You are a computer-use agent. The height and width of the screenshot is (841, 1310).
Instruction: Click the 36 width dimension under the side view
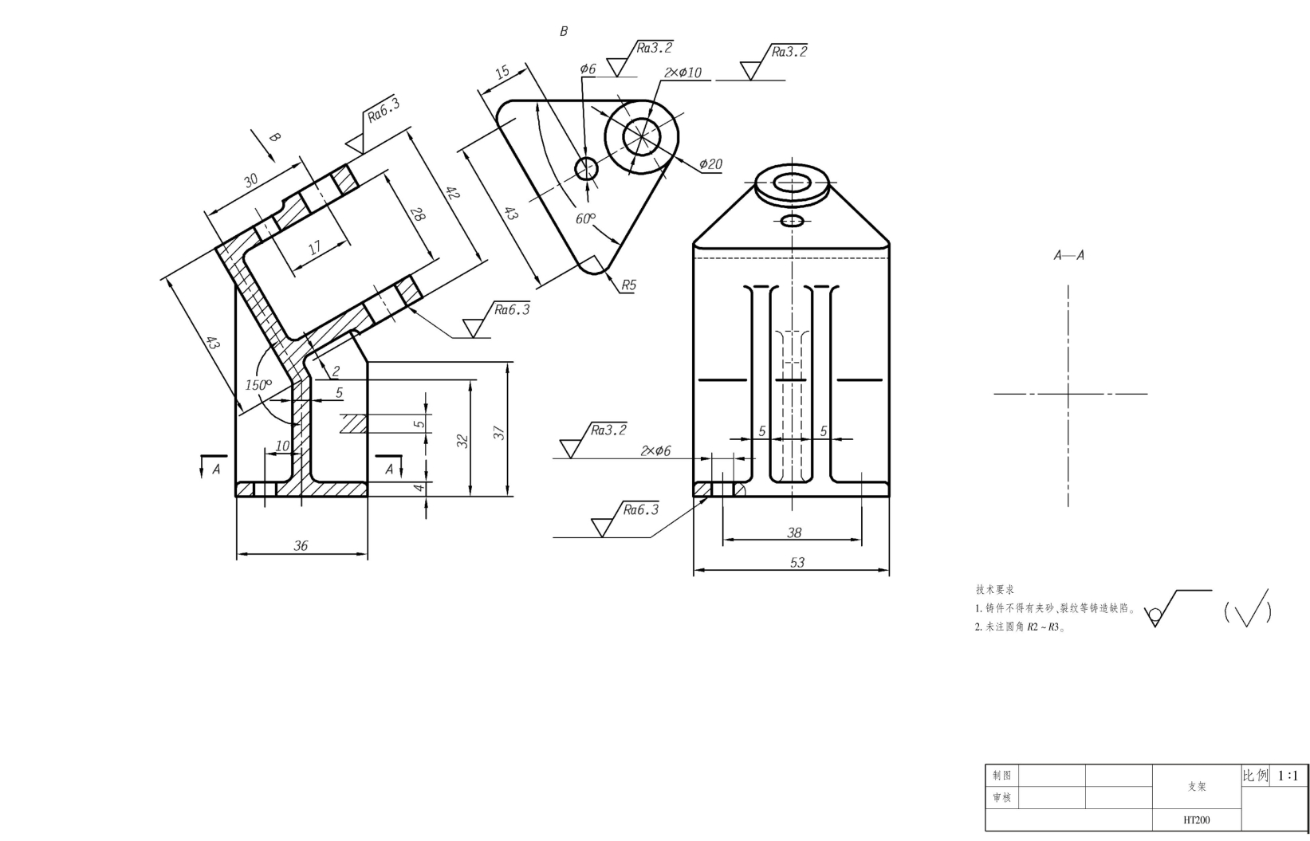click(x=301, y=546)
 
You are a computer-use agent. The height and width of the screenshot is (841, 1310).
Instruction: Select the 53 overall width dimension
click(x=797, y=563)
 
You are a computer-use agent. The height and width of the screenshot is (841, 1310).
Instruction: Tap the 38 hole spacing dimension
click(x=794, y=533)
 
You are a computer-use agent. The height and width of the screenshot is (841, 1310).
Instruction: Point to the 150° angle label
click(x=258, y=384)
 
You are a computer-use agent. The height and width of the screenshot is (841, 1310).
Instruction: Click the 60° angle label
click(x=585, y=218)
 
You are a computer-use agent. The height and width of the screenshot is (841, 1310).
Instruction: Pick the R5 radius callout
click(x=628, y=285)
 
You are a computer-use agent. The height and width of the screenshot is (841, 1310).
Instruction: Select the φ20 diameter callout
click(x=710, y=164)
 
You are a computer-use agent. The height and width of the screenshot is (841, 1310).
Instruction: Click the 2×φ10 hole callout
click(x=683, y=73)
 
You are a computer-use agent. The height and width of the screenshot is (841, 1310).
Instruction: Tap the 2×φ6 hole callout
click(x=655, y=451)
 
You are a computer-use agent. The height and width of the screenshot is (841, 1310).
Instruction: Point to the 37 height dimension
click(x=499, y=433)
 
